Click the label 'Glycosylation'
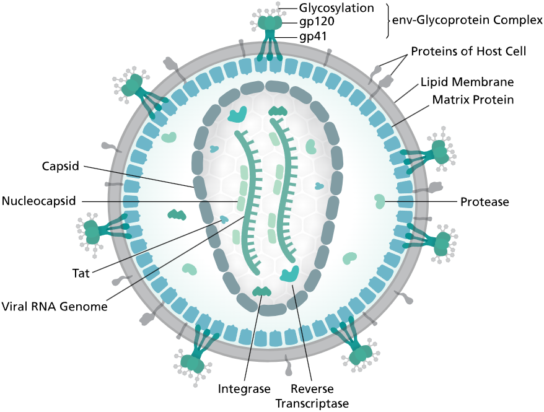336,8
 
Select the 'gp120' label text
317,22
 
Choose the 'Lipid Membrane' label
467,82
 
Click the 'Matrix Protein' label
473,99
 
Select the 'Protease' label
484,202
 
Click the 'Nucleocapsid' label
38,201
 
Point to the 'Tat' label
81,273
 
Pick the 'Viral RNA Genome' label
55,306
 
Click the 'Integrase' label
244,389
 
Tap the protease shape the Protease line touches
379,201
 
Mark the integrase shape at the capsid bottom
261,291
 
